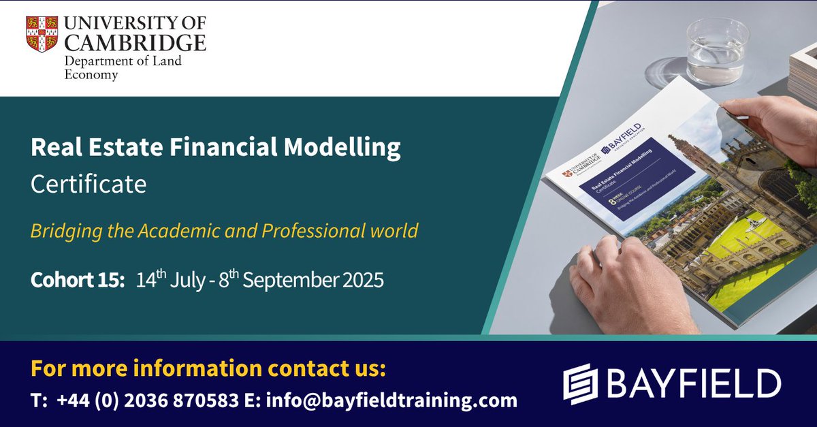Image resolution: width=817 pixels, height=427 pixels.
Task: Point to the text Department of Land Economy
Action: (109, 68)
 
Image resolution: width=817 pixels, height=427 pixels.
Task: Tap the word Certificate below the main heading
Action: (89, 184)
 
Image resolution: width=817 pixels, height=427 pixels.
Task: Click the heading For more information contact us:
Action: (208, 370)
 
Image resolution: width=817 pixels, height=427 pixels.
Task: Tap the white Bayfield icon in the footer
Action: (579, 383)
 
